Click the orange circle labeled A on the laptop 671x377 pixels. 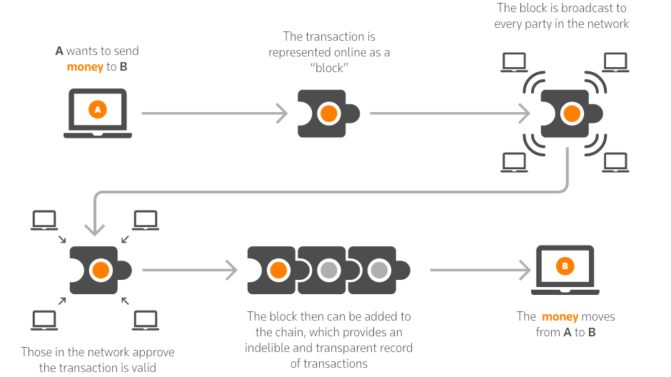pos(98,109)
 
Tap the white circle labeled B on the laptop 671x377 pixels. pos(565,266)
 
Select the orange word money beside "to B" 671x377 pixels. pos(85,67)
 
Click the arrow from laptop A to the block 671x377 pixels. pos(214,113)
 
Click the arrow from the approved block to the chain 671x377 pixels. pos(189,270)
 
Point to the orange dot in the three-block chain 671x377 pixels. pos(278,270)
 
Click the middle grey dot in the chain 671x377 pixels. pos(328,270)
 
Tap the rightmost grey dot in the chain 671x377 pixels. pos(379,270)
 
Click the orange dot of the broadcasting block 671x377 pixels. pos(571,113)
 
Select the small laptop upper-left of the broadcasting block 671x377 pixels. pos(514,63)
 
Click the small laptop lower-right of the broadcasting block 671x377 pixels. pos(615,163)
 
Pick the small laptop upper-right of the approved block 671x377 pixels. pos(146,220)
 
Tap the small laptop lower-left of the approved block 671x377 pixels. pos(44,320)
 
